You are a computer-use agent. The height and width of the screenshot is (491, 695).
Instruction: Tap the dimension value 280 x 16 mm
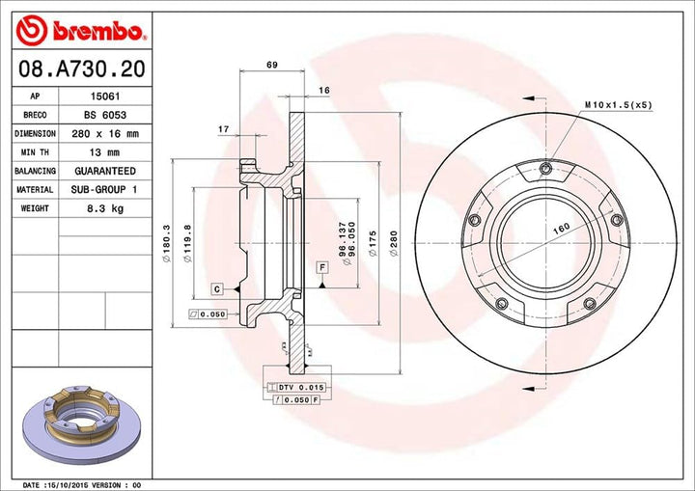click(106, 133)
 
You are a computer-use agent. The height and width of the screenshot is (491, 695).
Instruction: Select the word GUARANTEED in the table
click(106, 171)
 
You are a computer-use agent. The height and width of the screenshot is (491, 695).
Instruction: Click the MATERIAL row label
click(35, 190)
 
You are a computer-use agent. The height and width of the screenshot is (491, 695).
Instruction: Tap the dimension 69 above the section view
click(271, 65)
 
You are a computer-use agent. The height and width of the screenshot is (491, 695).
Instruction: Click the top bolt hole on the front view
click(545, 171)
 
